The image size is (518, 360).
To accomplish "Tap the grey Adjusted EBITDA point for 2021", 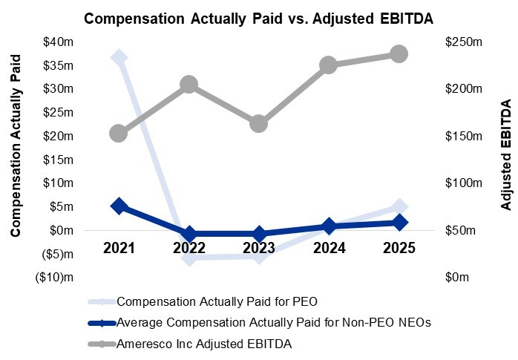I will [119, 134].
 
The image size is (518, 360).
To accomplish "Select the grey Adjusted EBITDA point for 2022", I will [189, 85].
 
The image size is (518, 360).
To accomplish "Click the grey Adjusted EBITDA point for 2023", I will [259, 123].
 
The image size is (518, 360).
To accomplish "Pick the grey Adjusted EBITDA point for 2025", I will [399, 53].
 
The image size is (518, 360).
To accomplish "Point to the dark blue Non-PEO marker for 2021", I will [119, 206].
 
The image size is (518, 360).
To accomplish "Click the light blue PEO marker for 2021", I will [119, 57].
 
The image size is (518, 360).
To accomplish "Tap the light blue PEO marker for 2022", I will [189, 258].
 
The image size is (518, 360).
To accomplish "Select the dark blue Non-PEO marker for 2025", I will [399, 222].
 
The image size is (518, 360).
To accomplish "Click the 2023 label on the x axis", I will [259, 248].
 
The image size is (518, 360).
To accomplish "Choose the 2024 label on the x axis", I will [329, 248].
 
